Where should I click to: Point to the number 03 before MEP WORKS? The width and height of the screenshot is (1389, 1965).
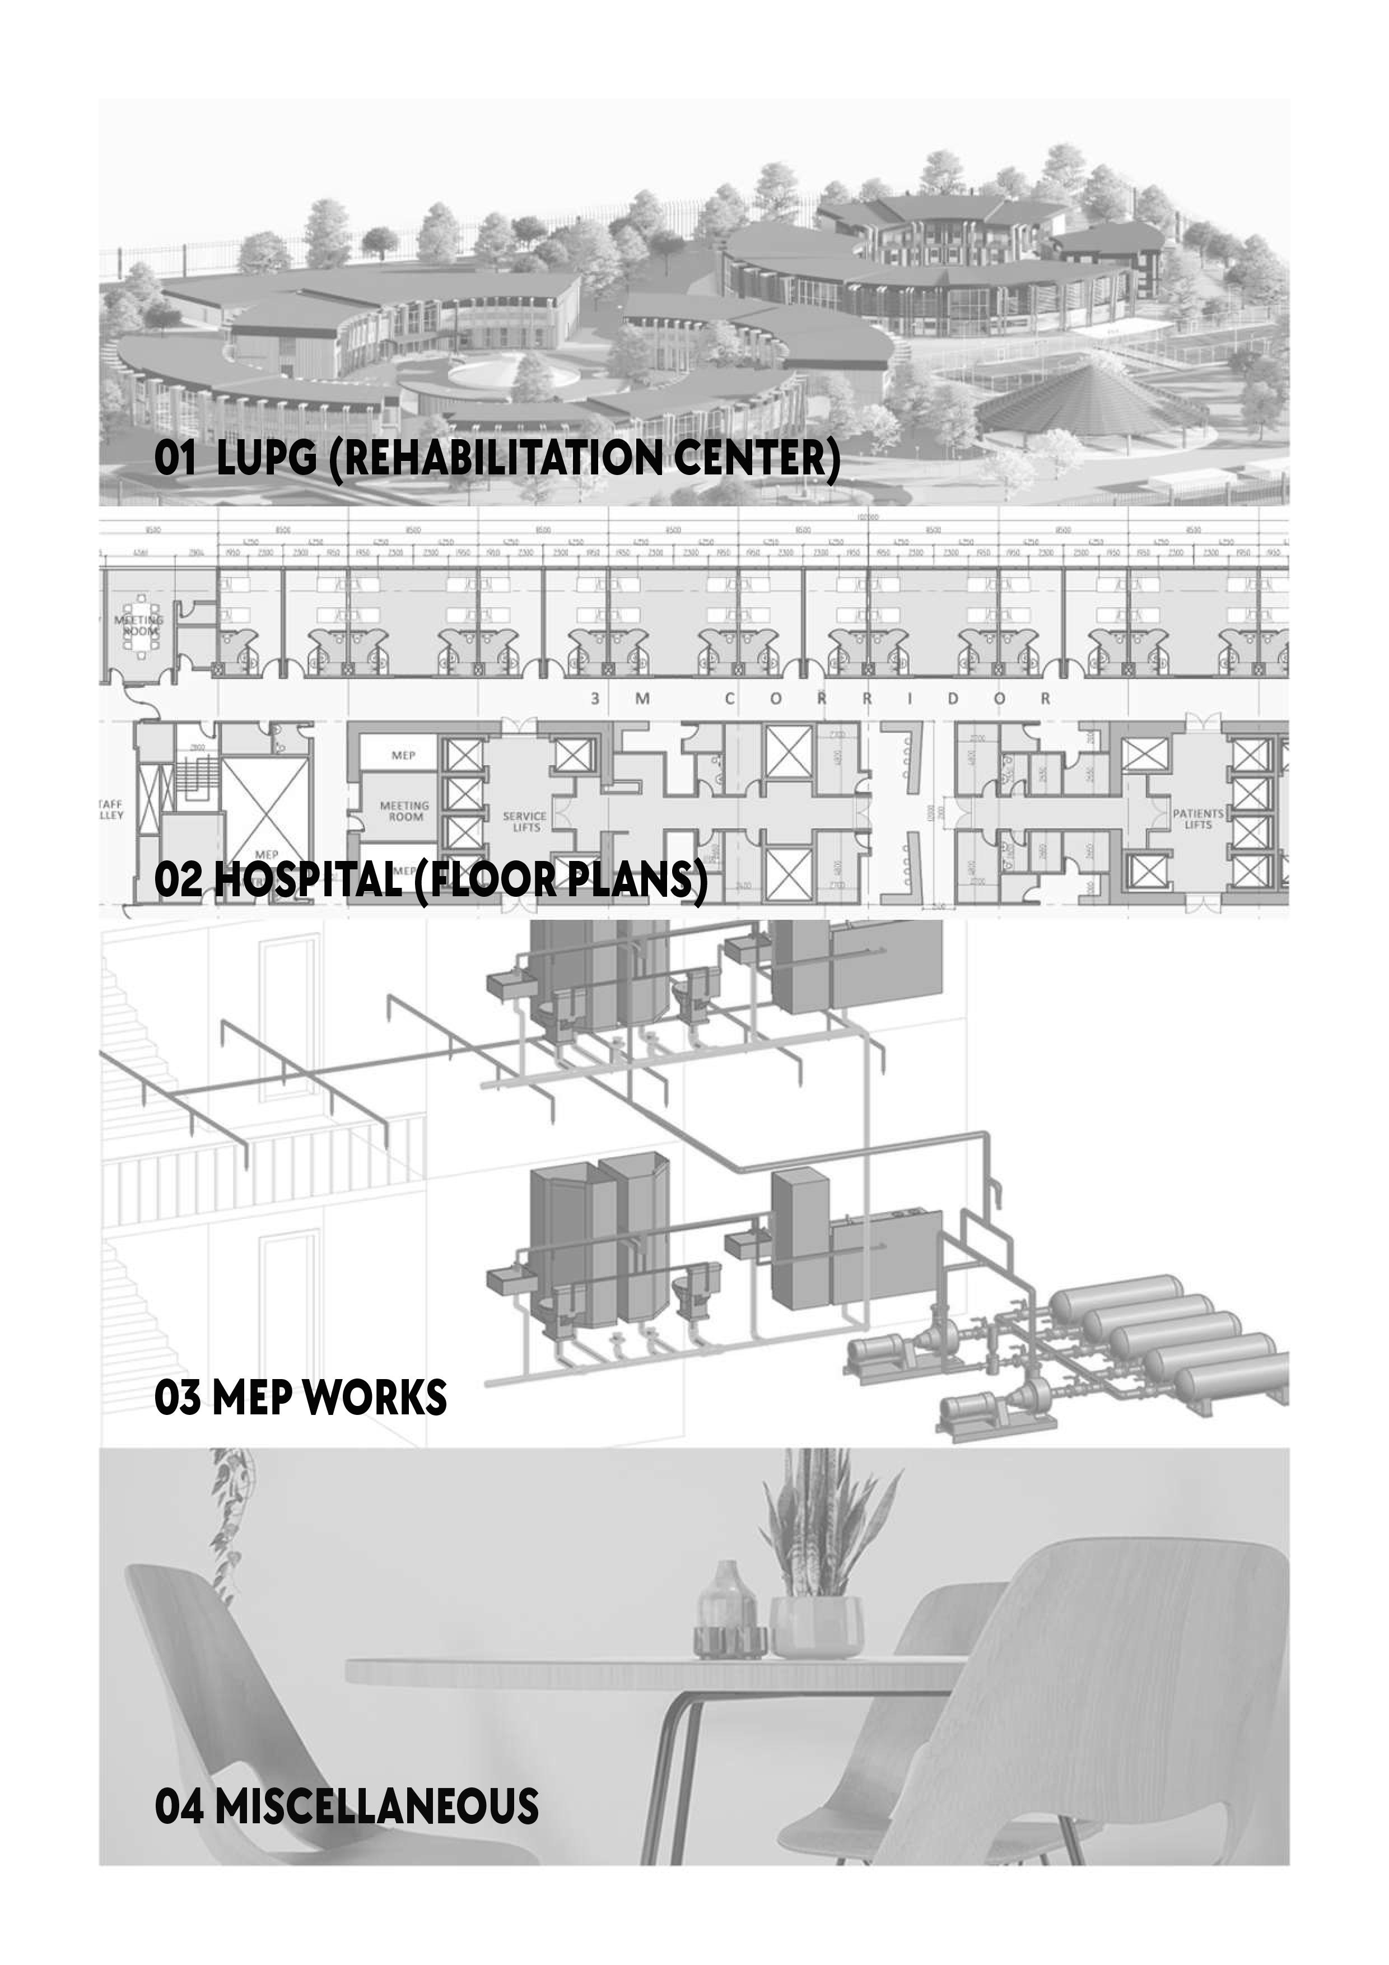[x=177, y=1398]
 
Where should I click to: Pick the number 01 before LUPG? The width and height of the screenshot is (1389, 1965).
[x=175, y=459]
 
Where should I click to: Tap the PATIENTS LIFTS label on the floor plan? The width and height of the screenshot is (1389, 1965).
[x=1197, y=819]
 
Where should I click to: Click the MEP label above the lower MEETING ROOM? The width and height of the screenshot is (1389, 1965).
[x=403, y=756]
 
